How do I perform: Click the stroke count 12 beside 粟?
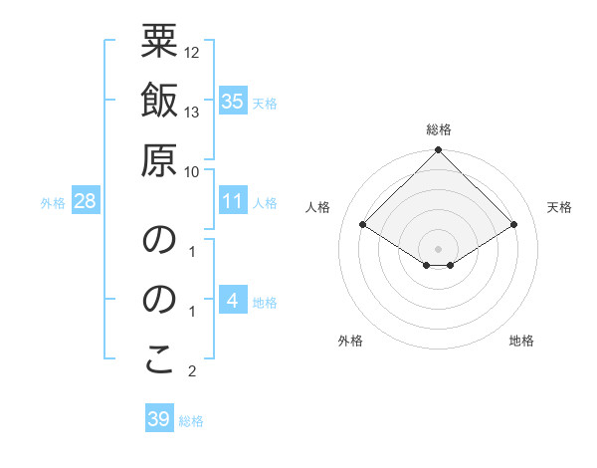[x=192, y=52]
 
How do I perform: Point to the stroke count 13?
[x=192, y=112]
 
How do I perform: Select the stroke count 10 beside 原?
[x=192, y=171]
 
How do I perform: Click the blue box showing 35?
[x=232, y=102]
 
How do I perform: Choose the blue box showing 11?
[x=232, y=201]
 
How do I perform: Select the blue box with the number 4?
[x=232, y=301]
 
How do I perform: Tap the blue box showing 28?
[x=86, y=201]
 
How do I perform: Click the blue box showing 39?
[x=159, y=419]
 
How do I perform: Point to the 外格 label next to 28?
[x=53, y=203]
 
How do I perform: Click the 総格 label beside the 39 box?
[x=191, y=421]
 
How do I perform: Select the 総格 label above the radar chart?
[x=438, y=129]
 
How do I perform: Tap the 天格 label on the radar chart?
[x=560, y=207]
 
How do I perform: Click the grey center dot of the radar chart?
[x=438, y=248]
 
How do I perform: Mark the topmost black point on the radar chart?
[x=438, y=151]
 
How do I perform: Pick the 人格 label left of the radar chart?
[x=318, y=207]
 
